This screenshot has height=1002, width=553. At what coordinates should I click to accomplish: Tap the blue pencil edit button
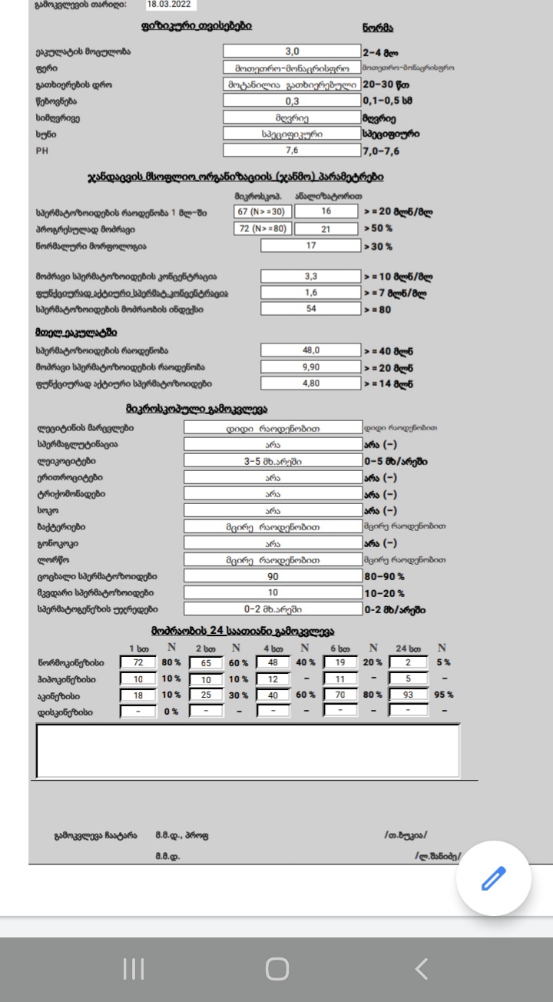tap(494, 878)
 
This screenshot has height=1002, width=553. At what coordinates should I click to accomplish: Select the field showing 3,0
tap(292, 51)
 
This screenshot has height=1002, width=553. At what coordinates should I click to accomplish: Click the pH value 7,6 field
tap(292, 151)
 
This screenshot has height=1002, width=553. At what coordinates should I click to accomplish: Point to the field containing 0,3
tap(292, 101)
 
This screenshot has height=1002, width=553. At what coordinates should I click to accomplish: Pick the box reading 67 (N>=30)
tap(262, 211)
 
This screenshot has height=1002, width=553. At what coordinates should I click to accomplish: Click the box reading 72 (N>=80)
tap(262, 229)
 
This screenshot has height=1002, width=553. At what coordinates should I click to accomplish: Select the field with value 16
tap(326, 211)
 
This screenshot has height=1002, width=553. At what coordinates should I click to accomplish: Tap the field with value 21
tap(326, 229)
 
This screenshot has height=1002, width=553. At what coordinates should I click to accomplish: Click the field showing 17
tap(310, 246)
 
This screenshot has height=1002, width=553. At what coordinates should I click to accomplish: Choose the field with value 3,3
tap(310, 276)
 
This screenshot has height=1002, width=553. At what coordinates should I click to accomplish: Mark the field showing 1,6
tap(310, 293)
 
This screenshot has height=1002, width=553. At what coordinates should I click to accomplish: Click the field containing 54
tap(310, 310)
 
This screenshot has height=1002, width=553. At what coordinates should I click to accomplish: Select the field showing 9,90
tap(310, 367)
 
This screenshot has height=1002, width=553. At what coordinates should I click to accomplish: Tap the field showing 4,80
tap(310, 383)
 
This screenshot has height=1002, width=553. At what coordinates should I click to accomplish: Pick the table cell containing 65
tap(205, 662)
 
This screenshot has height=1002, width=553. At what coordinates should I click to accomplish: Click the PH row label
tap(42, 151)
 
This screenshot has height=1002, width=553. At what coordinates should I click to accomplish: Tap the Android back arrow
tap(421, 969)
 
